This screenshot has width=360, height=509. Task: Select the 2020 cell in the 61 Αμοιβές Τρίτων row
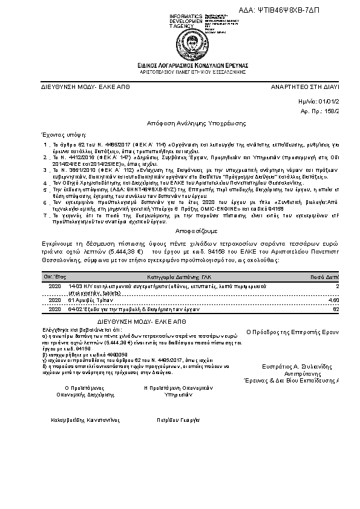pos(54,300)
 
